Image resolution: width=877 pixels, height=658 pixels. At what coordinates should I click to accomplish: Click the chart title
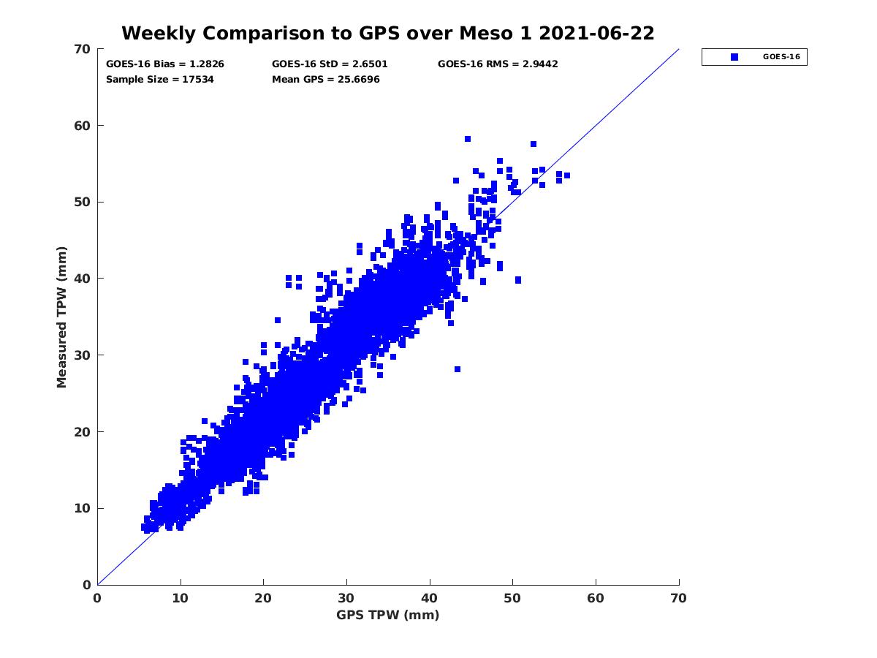tap(387, 34)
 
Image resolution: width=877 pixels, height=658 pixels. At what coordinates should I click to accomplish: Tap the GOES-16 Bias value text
tap(165, 64)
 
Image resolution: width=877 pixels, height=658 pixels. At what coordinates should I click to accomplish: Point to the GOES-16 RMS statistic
tap(498, 64)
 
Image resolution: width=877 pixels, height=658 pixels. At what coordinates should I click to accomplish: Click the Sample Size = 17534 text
tap(160, 80)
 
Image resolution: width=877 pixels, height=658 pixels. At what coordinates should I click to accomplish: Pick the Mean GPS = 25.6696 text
tap(326, 80)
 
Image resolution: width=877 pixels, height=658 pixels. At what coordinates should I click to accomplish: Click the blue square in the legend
tap(734, 57)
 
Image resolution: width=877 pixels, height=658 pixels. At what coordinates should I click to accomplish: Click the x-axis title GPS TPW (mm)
tap(388, 615)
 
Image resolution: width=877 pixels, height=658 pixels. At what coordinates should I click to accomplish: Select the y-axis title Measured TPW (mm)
tap(62, 317)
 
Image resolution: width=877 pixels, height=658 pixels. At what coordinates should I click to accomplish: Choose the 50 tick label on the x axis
tap(513, 598)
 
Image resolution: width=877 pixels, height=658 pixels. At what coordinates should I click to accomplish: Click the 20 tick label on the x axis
tap(263, 598)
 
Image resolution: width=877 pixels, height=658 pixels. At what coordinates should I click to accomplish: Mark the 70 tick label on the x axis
tap(679, 598)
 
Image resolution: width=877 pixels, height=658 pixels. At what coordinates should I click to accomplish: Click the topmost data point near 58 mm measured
tap(468, 139)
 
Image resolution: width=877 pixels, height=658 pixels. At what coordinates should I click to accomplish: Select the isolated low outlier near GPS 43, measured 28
tap(458, 369)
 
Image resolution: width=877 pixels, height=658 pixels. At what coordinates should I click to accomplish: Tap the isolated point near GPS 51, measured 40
tap(518, 280)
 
